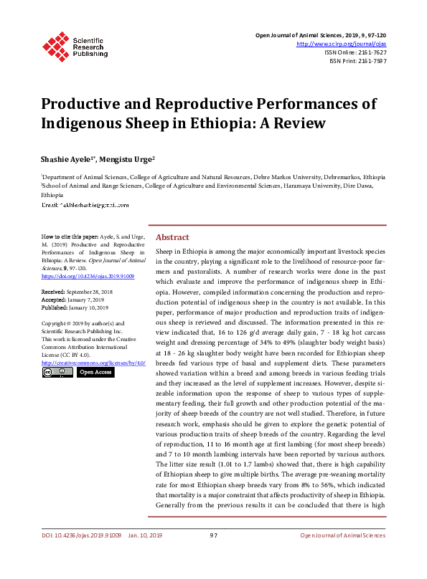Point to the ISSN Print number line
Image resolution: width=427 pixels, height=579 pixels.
tap(358, 62)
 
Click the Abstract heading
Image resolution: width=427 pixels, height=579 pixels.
tap(172, 237)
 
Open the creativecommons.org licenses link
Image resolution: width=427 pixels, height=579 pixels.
tap(93, 363)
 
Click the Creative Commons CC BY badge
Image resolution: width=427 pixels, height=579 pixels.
tap(57, 373)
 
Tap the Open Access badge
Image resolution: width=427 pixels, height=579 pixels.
tap(95, 373)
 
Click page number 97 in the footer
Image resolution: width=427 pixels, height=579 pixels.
tap(213, 556)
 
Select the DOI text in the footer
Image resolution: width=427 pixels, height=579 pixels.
tap(80, 556)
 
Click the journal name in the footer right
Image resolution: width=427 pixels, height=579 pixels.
tap(342, 556)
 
